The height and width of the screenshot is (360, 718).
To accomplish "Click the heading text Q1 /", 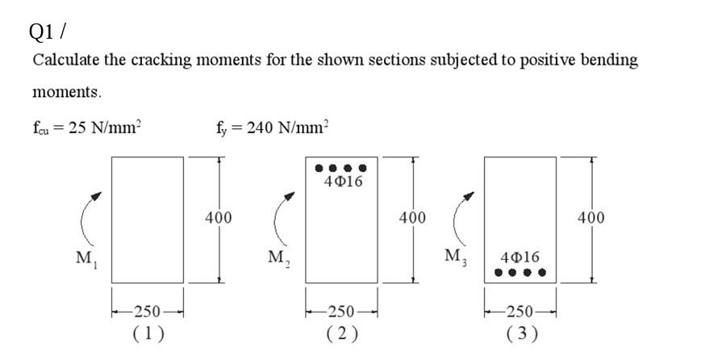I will click(x=47, y=31).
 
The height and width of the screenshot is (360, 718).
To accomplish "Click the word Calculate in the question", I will click(x=65, y=61).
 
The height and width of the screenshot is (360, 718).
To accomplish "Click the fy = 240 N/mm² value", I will click(x=273, y=127).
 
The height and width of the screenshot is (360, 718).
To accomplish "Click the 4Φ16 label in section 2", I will click(x=343, y=182).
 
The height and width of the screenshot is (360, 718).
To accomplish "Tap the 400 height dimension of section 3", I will click(x=591, y=218).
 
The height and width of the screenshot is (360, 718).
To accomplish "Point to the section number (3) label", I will click(x=520, y=333).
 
